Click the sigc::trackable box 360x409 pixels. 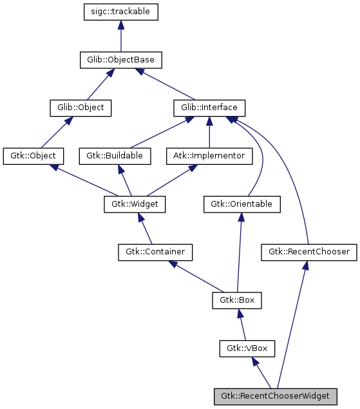120,12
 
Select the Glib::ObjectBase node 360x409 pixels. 120,60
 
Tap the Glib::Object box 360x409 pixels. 81,108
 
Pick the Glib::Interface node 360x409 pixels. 209,108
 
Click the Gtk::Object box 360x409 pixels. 33,156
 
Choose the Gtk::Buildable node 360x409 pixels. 115,156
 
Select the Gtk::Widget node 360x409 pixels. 135,204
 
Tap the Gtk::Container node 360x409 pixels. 155,252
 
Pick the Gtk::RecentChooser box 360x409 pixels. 308,252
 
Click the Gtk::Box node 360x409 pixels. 237,300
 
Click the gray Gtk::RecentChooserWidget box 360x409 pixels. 275,396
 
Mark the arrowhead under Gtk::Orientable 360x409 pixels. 241,218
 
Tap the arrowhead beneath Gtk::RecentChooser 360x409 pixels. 306,266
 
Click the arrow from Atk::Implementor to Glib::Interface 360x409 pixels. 209,135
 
